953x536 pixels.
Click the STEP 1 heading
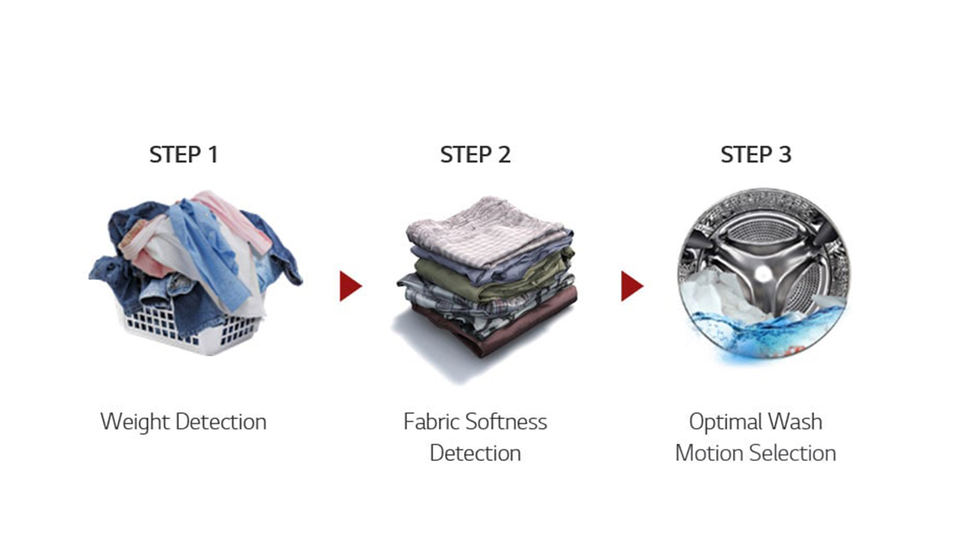(184, 154)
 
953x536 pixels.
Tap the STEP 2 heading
(475, 154)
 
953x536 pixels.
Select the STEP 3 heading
(756, 154)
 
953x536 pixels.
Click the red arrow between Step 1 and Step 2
(351, 286)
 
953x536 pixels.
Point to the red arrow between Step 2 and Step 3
(632, 286)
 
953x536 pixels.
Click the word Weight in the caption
(135, 422)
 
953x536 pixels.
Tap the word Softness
(506, 422)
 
